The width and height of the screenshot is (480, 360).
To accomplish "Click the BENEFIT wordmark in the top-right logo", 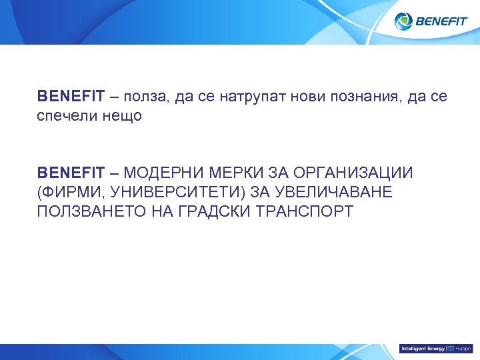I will click(441, 21).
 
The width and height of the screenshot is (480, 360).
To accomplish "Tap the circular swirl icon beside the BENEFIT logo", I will click(404, 21).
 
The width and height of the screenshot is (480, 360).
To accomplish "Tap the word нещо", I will click(121, 116).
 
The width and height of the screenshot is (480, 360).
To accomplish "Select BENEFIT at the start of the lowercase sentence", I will click(71, 97).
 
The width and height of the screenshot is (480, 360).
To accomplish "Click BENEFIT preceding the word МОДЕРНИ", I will click(71, 173).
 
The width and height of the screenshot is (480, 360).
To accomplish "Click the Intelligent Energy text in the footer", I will click(423, 349).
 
